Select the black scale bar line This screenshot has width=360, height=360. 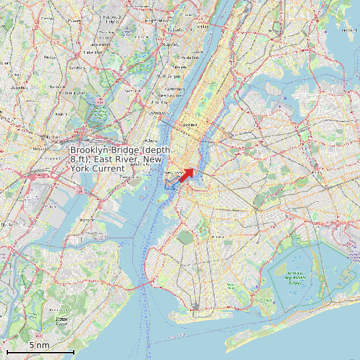pos(40,351)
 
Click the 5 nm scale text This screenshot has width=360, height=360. pos(39,345)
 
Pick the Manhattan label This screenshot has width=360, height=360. pos(191,124)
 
